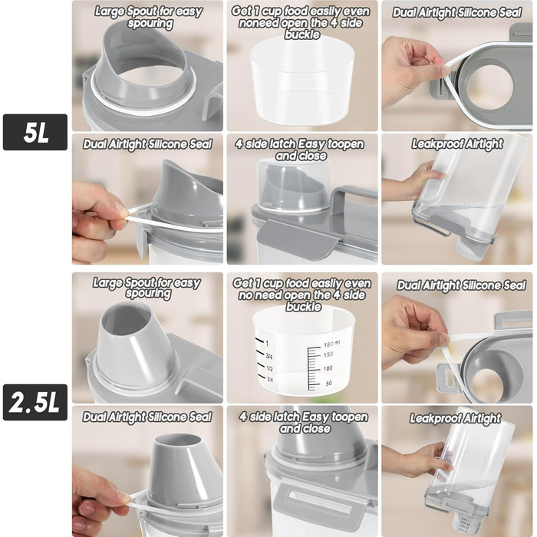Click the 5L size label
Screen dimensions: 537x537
tap(35, 132)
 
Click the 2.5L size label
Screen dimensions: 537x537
tap(35, 403)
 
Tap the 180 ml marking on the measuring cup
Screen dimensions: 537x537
tap(331, 344)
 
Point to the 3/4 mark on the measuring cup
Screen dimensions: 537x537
tap(269, 357)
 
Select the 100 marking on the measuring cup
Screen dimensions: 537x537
tap(328, 368)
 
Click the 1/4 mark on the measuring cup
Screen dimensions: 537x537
tap(269, 380)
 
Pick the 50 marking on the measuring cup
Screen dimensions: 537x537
tap(328, 384)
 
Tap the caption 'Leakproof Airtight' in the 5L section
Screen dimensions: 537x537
tap(457, 144)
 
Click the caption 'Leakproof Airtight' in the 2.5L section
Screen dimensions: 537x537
tap(455, 419)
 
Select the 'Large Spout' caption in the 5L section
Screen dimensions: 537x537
tap(149, 17)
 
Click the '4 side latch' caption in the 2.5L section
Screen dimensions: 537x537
tap(304, 423)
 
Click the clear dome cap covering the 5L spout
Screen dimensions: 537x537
tap(294, 186)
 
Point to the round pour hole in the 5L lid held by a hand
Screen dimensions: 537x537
tap(489, 84)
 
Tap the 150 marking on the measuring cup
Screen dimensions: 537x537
tap(328, 354)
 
